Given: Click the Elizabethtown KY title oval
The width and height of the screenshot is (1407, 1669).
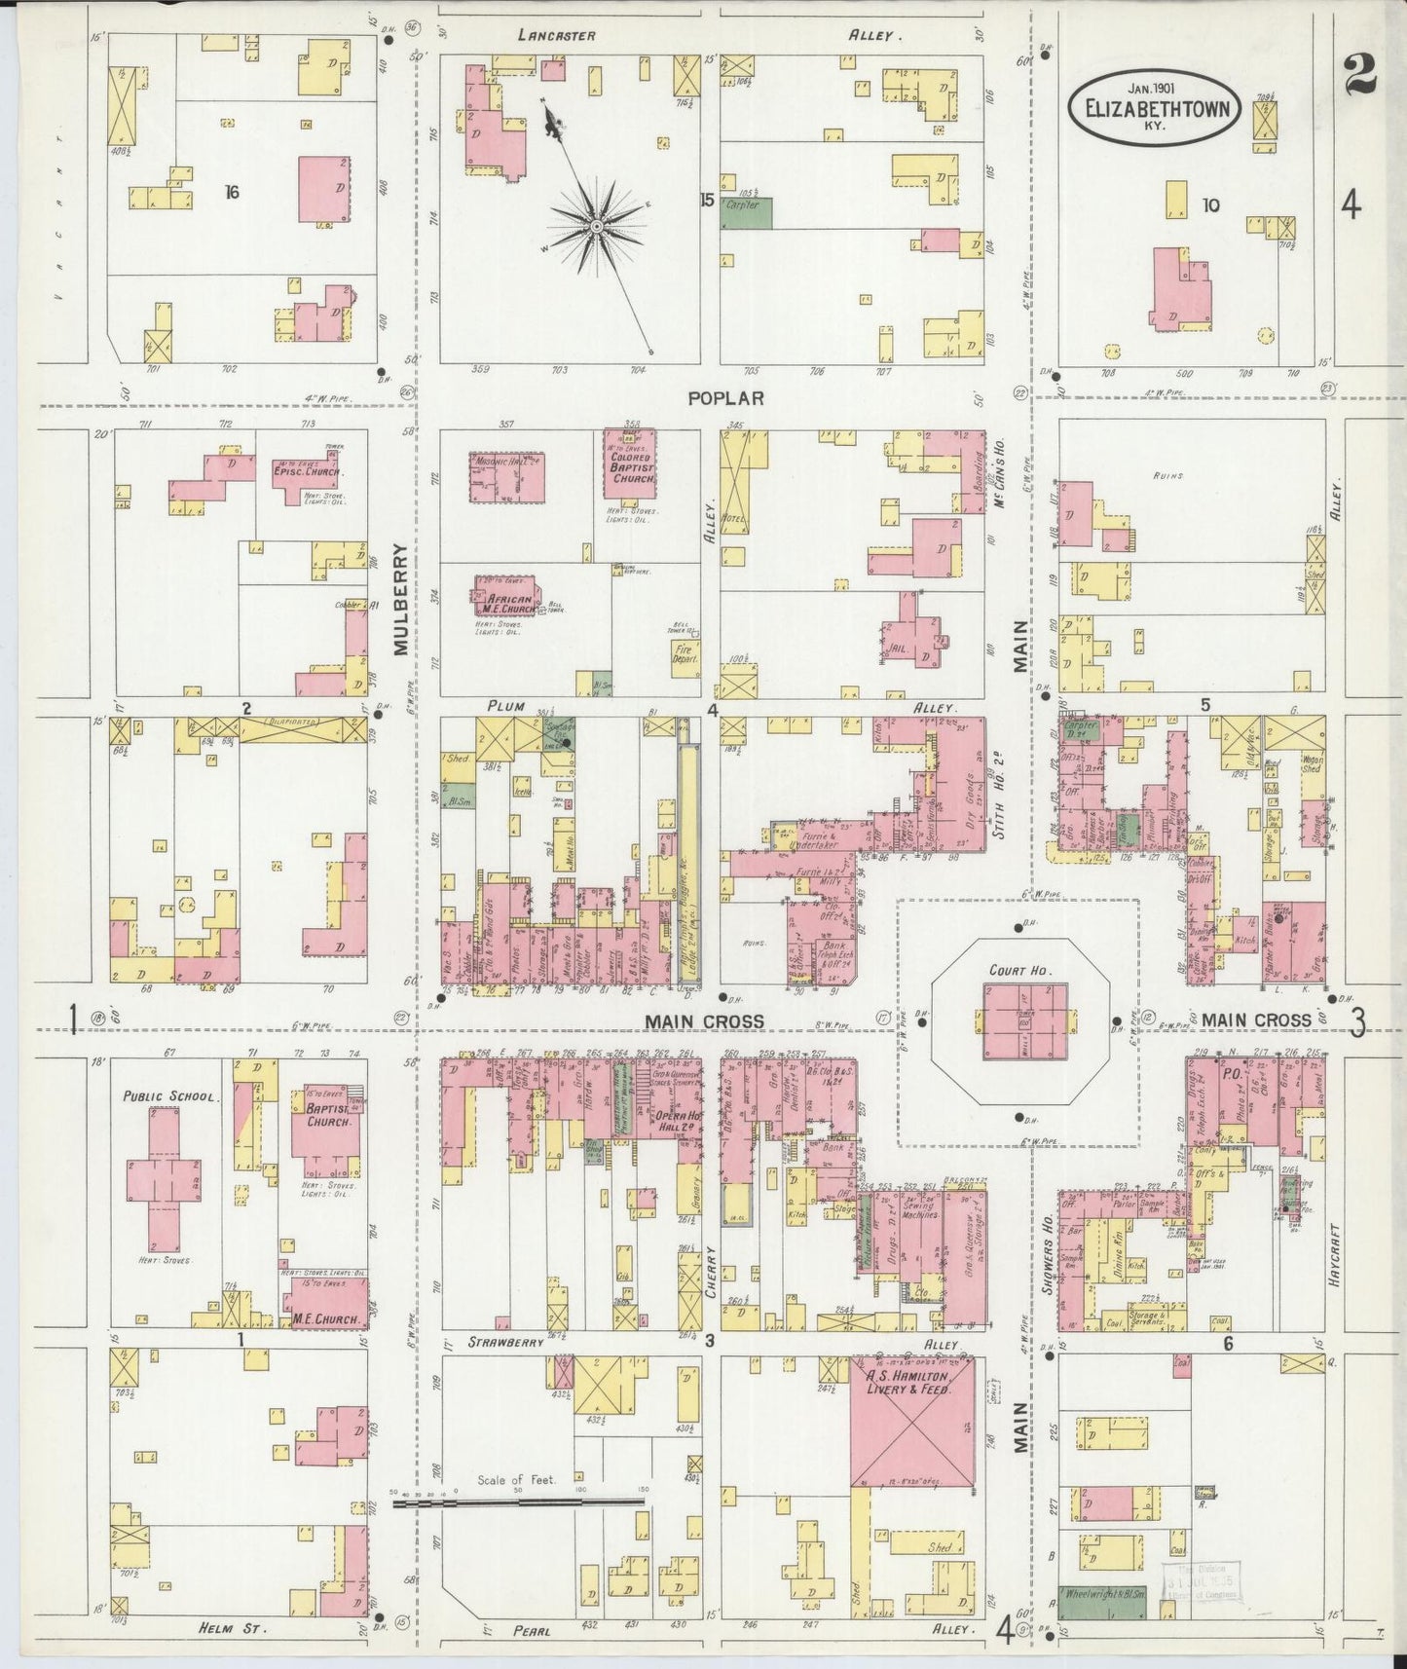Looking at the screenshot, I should (x=1155, y=108).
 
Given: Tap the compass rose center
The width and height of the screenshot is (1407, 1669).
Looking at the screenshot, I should (x=596, y=226).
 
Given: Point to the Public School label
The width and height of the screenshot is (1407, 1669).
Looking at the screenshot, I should (x=167, y=1095).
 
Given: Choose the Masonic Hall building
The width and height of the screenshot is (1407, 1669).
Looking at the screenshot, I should (x=507, y=477).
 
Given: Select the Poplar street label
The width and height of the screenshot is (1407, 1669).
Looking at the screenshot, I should (x=724, y=397).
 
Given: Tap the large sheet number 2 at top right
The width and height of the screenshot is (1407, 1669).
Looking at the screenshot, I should (x=1358, y=75).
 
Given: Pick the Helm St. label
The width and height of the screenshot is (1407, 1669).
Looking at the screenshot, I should (x=233, y=1627).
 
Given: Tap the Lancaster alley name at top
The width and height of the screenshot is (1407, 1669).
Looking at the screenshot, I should (x=556, y=35).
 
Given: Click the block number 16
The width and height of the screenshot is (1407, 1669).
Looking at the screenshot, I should (x=231, y=192).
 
